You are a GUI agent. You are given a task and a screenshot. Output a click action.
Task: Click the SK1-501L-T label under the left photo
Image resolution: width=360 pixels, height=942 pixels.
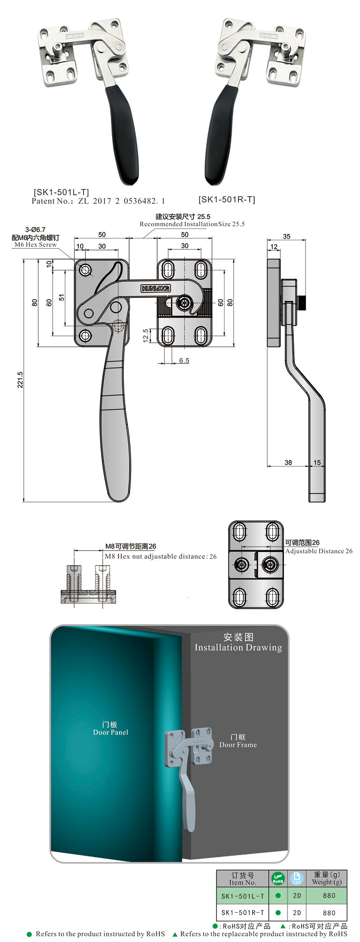(x=61, y=192)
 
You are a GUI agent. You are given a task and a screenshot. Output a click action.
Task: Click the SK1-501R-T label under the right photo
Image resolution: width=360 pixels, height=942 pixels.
(x=226, y=199)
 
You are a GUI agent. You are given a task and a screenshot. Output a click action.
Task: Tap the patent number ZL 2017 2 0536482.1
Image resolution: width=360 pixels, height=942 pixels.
(x=121, y=201)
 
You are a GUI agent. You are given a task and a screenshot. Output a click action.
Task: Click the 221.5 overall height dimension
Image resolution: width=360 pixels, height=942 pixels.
(x=20, y=380)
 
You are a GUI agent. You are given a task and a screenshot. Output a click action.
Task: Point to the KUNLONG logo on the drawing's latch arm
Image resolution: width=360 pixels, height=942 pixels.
(x=156, y=288)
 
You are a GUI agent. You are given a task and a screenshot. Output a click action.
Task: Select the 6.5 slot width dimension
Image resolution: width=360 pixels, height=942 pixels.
(x=184, y=360)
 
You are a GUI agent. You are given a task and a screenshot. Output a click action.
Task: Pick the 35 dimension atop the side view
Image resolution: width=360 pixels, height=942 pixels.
(x=287, y=236)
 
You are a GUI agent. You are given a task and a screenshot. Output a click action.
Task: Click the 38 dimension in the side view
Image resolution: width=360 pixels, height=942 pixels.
(x=288, y=462)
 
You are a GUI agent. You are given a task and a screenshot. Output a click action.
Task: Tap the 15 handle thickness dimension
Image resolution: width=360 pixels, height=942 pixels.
(x=317, y=462)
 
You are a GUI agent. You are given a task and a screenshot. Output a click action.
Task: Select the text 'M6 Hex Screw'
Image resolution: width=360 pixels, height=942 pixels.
(x=36, y=245)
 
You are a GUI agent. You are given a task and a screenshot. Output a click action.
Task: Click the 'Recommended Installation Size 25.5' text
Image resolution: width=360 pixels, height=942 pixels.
(x=192, y=224)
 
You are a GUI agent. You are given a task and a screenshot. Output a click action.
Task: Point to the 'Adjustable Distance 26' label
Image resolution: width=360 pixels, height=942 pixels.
(x=319, y=551)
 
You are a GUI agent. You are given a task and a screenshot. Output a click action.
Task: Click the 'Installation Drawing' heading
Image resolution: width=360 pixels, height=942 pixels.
(x=238, y=647)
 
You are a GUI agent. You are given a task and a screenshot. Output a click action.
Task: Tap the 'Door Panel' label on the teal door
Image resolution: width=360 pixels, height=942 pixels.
(x=110, y=732)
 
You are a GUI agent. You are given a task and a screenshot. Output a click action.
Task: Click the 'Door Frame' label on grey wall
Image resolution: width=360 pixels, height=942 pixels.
(x=238, y=745)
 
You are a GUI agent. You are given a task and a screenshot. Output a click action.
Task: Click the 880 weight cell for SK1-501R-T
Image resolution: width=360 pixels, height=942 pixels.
(x=329, y=913)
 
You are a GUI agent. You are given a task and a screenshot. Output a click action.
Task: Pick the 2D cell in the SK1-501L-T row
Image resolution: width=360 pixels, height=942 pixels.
(x=297, y=896)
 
